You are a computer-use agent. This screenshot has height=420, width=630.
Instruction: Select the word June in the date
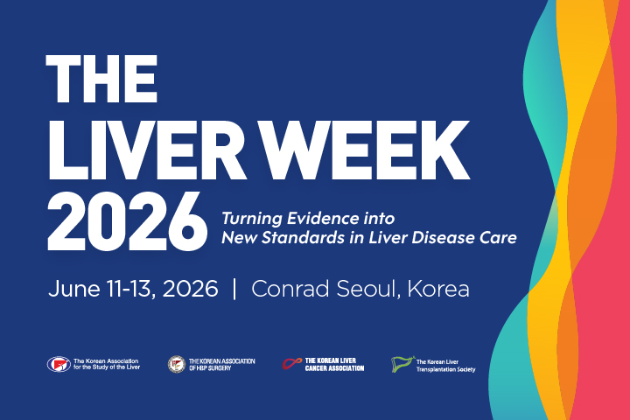pos(72,290)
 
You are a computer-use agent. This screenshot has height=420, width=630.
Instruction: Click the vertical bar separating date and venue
pos(234,290)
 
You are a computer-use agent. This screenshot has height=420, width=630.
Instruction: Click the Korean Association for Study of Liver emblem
pos(59,363)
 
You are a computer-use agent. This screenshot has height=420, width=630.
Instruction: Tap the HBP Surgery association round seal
pos(176,363)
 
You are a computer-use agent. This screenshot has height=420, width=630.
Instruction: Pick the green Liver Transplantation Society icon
pos(402,362)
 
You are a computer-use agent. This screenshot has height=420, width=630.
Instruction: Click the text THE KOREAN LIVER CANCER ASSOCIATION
pos(335,364)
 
